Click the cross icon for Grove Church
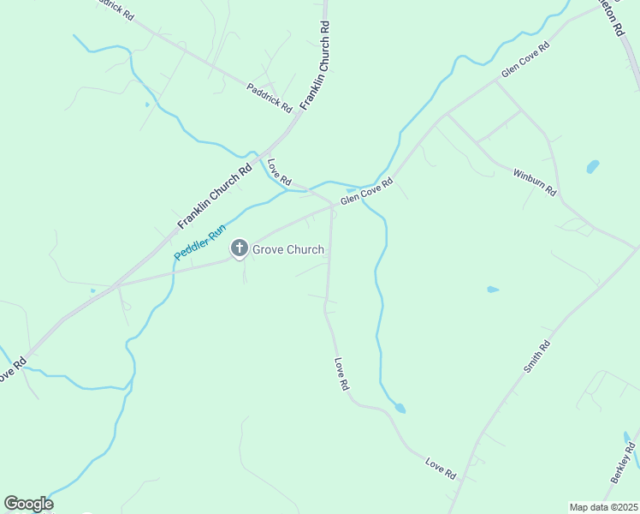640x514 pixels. coord(239,249)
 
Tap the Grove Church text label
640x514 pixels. coord(287,250)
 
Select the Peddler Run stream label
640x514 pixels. coord(199,242)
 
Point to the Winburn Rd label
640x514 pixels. coord(535,182)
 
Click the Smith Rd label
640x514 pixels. coord(536,356)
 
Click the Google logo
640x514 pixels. coord(28,504)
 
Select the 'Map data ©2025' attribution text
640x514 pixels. coord(602,507)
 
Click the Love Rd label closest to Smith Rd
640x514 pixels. coord(441,468)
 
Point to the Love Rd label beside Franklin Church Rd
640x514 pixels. coord(279,171)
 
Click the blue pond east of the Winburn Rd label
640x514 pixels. coord(592,165)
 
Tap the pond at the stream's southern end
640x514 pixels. coord(399,408)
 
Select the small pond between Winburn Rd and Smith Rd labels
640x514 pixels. coord(493,290)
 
